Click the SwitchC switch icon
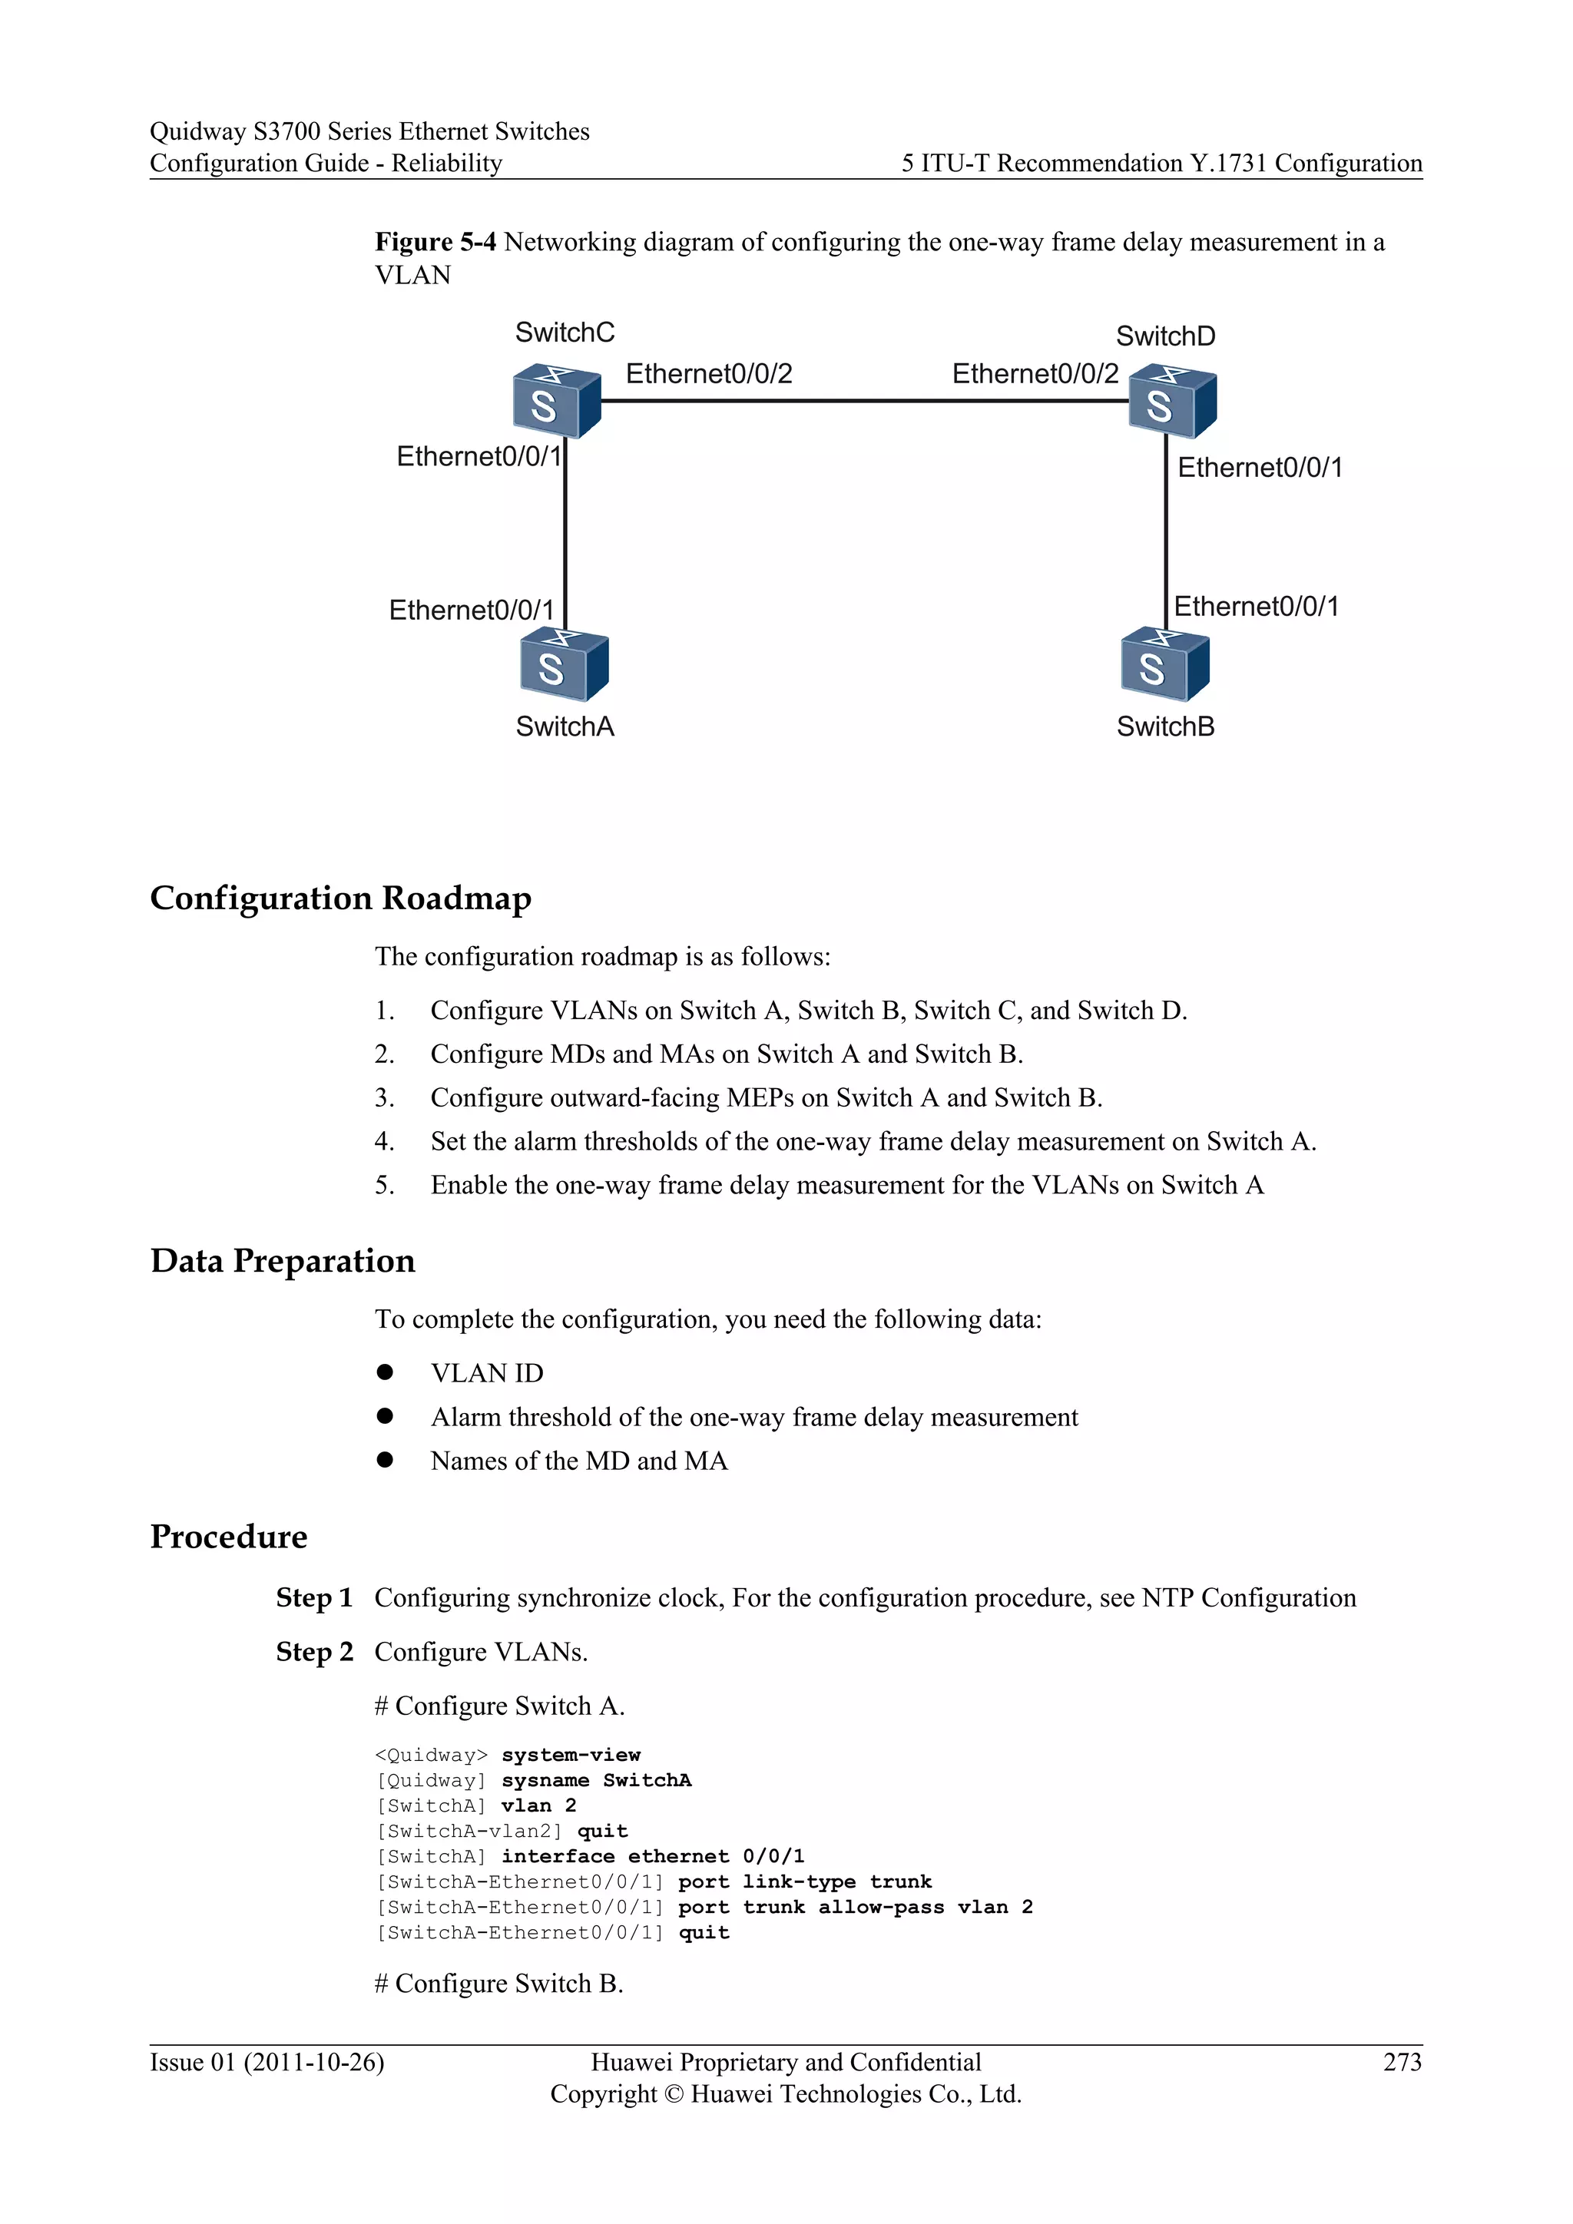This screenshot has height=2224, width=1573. click(x=556, y=401)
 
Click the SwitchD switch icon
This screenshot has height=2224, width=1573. click(x=1172, y=401)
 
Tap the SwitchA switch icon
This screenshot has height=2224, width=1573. click(x=564, y=664)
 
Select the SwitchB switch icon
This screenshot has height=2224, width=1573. click(x=1164, y=664)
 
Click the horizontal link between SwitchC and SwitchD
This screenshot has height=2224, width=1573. click(x=864, y=400)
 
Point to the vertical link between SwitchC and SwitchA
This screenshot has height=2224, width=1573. click(x=565, y=533)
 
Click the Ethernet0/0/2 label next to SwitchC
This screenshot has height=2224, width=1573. click(x=708, y=374)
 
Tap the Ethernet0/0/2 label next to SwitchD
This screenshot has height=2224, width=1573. click(x=1035, y=374)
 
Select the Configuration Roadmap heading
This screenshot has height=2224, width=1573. click(x=340, y=898)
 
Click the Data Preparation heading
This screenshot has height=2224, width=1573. click(x=282, y=1260)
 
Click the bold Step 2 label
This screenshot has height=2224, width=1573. click(x=314, y=1652)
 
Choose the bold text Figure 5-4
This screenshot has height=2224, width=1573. click(x=435, y=241)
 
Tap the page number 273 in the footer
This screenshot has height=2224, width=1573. click(x=1402, y=2062)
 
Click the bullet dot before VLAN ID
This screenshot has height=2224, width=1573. click(x=385, y=1372)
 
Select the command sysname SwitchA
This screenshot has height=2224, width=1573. click(x=596, y=1780)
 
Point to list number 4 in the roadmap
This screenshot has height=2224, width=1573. click(x=385, y=1142)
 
